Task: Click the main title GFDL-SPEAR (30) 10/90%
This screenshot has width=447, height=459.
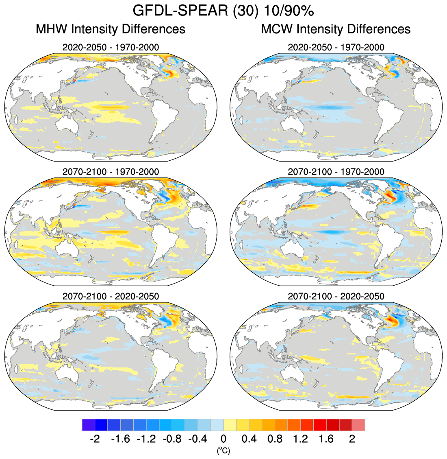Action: pos(223,11)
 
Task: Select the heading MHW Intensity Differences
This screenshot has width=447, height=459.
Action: pos(111,29)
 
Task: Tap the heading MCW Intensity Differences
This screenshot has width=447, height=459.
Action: pos(336,29)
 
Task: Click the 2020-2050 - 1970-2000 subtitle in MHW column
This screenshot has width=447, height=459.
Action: pos(111,47)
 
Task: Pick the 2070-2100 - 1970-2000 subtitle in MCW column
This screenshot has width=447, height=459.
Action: pos(336,172)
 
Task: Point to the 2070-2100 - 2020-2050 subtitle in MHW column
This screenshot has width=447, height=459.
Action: pos(111,296)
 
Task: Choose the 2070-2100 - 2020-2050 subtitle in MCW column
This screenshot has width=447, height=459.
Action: pos(336,296)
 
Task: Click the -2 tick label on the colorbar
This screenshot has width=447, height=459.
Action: pos(94,439)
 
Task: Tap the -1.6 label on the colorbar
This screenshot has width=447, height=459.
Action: pos(120,439)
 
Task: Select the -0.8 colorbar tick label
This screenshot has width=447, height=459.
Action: pos(172,439)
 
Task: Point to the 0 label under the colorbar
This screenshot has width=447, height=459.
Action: pos(223,439)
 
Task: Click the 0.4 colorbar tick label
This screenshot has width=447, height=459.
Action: pos(249,439)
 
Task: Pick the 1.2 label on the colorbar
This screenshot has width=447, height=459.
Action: pos(301,439)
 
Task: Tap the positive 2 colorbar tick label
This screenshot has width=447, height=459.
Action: pos(352,439)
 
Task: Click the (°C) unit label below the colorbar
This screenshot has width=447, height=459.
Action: pos(223,450)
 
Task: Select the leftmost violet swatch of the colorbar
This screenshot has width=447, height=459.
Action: pos(88,425)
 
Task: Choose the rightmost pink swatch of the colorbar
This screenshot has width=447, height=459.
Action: pos(358,425)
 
